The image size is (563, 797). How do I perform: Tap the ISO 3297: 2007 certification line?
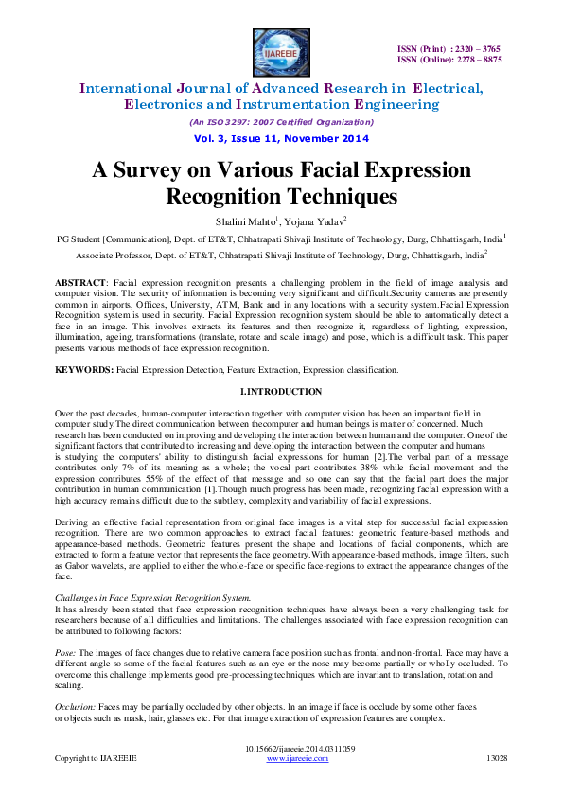[x=280, y=122]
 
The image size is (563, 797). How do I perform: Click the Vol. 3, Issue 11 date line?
[x=280, y=138]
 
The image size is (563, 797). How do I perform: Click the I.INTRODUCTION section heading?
[x=280, y=392]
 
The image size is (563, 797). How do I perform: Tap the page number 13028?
[x=497, y=758]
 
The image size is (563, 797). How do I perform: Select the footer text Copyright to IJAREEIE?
[x=96, y=758]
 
